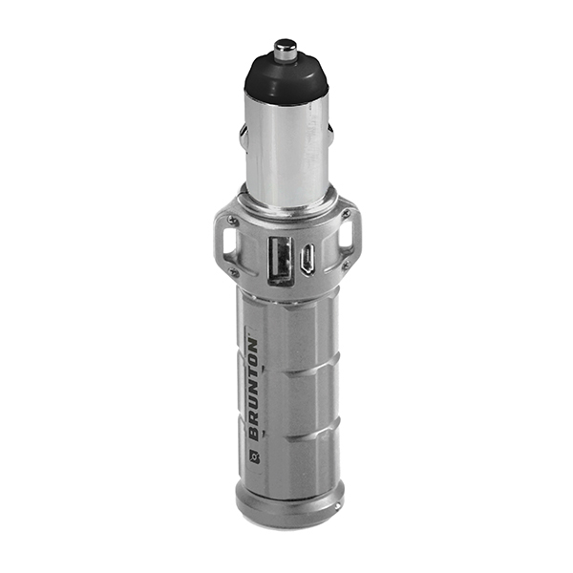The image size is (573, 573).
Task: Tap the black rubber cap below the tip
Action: click(286, 78)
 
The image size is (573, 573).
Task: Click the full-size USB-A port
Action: click(281, 260)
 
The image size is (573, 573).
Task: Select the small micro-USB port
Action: click(307, 259)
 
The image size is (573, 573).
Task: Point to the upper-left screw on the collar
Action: click(232, 220)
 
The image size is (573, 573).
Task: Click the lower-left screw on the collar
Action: click(233, 271)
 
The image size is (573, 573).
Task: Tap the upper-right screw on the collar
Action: click(346, 214)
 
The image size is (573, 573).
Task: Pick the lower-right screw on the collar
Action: click(347, 264)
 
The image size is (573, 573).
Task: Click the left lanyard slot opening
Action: click(227, 242)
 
